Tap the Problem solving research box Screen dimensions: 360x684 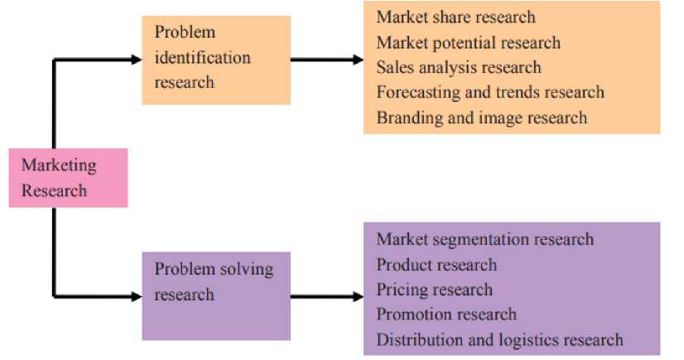click(215, 294)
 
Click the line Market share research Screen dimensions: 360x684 click(455, 17)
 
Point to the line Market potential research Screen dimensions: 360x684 click(468, 42)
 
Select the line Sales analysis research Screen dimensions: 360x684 click(458, 67)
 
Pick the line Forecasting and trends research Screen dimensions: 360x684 click(490, 92)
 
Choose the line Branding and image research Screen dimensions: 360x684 click(481, 118)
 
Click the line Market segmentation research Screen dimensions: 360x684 click(484, 239)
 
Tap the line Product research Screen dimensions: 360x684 click(436, 265)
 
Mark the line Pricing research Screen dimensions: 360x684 click(434, 290)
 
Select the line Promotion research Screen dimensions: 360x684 click(446, 314)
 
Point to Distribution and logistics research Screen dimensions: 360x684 click(499, 339)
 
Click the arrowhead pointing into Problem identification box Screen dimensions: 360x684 click(137, 59)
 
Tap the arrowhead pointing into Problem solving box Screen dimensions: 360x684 click(137, 295)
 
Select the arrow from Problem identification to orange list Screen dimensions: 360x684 click(326, 60)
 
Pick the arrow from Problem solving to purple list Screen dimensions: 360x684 click(326, 295)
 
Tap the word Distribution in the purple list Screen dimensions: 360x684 click(417, 339)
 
